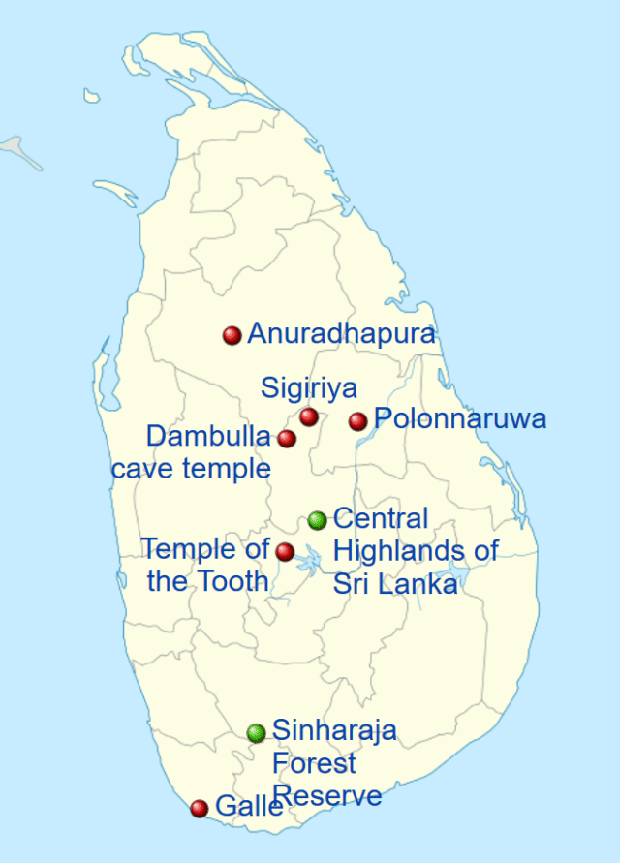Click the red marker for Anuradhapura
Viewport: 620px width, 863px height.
click(x=232, y=335)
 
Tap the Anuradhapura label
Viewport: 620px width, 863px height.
click(x=341, y=334)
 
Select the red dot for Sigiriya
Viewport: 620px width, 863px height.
click(x=308, y=416)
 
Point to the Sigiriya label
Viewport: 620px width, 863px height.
click(x=309, y=388)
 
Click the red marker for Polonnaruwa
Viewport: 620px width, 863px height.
click(x=357, y=420)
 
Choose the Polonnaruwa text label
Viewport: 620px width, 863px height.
click(x=460, y=419)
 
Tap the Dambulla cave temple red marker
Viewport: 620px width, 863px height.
click(x=286, y=439)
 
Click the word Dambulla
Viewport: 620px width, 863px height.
click(x=208, y=436)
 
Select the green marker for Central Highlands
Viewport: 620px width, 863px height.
click(x=317, y=520)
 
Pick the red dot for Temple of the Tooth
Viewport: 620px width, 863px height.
click(x=285, y=552)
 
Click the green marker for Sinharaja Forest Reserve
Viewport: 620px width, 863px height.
click(x=256, y=732)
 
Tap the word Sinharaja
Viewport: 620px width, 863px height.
click(x=334, y=730)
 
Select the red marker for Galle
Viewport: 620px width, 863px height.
click(x=200, y=808)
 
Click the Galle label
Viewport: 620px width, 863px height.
click(x=249, y=806)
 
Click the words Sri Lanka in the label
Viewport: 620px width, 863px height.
click(x=395, y=584)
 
